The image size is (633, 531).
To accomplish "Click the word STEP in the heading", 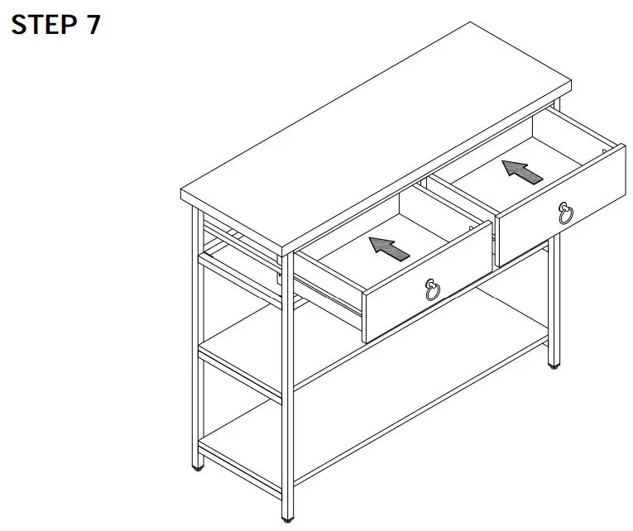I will click(x=42, y=24).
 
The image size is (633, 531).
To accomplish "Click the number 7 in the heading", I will click(x=92, y=24).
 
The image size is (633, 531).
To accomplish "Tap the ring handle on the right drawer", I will click(x=566, y=214).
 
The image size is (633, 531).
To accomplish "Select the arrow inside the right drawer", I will click(x=522, y=171).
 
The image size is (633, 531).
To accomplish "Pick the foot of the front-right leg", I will click(x=552, y=365).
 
